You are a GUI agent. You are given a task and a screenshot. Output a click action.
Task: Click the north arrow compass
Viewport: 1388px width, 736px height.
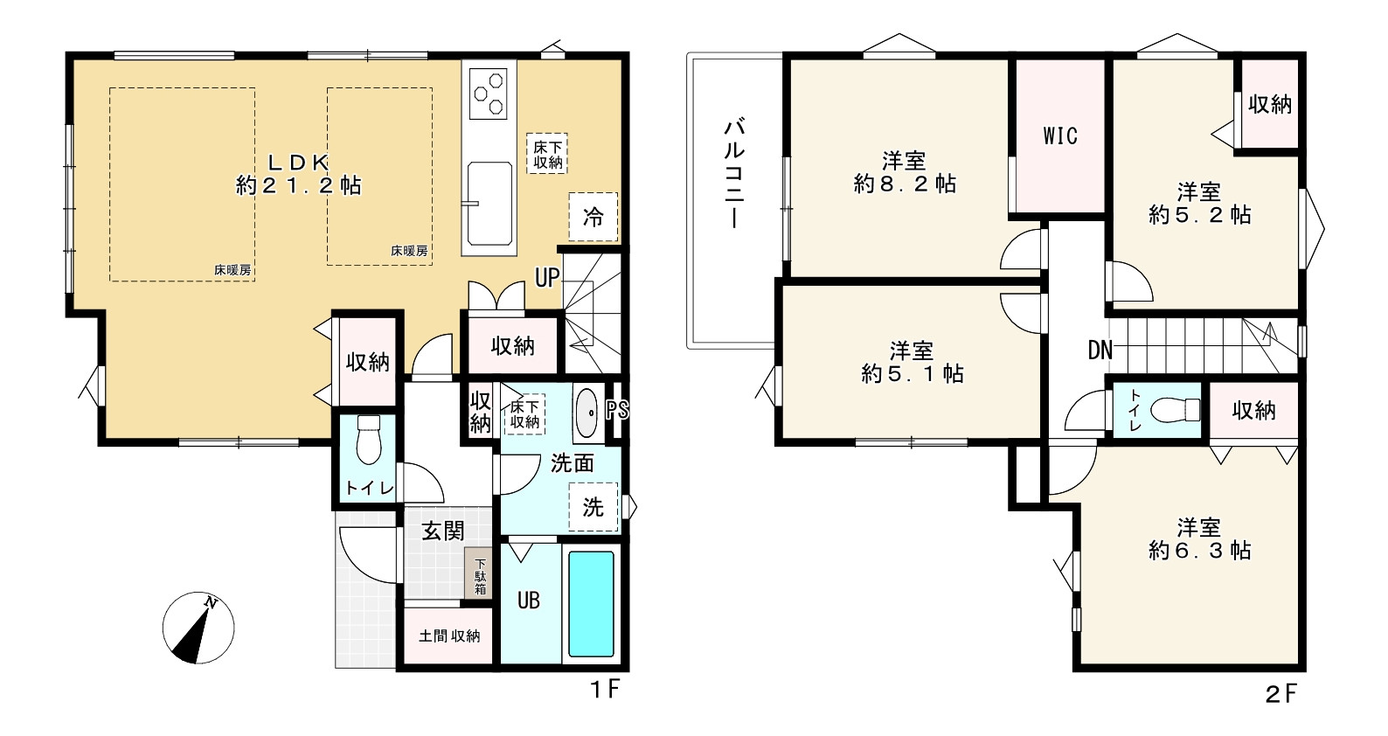[x=198, y=628]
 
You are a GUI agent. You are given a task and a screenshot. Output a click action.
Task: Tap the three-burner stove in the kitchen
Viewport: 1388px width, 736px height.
[x=489, y=94]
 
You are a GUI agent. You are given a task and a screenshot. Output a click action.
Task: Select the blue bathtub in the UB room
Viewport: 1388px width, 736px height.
[x=591, y=604]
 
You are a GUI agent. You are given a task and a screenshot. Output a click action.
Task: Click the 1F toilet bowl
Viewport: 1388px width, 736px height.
[x=370, y=440]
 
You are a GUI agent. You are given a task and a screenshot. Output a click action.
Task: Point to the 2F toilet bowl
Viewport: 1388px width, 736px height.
[x=1176, y=409]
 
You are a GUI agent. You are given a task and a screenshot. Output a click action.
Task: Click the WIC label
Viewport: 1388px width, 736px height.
[x=1060, y=135]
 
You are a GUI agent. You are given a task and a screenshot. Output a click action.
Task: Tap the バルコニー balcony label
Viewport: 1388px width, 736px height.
[x=734, y=173]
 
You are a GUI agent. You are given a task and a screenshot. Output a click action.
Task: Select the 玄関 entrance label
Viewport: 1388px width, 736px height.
[x=443, y=531]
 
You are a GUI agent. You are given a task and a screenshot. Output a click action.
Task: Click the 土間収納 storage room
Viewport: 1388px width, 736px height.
[x=448, y=635]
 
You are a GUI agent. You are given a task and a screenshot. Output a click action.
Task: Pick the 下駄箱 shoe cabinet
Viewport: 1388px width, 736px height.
[x=480, y=574]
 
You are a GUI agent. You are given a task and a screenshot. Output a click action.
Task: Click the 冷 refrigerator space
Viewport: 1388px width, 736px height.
[x=593, y=217]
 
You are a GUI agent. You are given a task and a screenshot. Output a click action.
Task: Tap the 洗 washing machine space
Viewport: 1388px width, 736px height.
[x=593, y=507]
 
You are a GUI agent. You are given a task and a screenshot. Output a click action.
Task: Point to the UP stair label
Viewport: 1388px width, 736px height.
[x=547, y=278]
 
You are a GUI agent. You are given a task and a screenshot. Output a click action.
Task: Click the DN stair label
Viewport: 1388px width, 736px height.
[x=1100, y=351]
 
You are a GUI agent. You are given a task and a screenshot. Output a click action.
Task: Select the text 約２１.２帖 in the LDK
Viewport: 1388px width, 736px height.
[x=299, y=185]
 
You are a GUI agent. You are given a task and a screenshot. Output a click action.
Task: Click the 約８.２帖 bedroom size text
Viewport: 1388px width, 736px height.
[x=905, y=184]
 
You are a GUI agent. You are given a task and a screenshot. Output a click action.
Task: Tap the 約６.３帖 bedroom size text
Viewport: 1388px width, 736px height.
[x=1199, y=550]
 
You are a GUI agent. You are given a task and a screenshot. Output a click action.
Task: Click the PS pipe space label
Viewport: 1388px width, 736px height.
[x=616, y=409]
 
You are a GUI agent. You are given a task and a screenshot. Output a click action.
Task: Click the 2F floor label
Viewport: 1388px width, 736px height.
[x=1280, y=694]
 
